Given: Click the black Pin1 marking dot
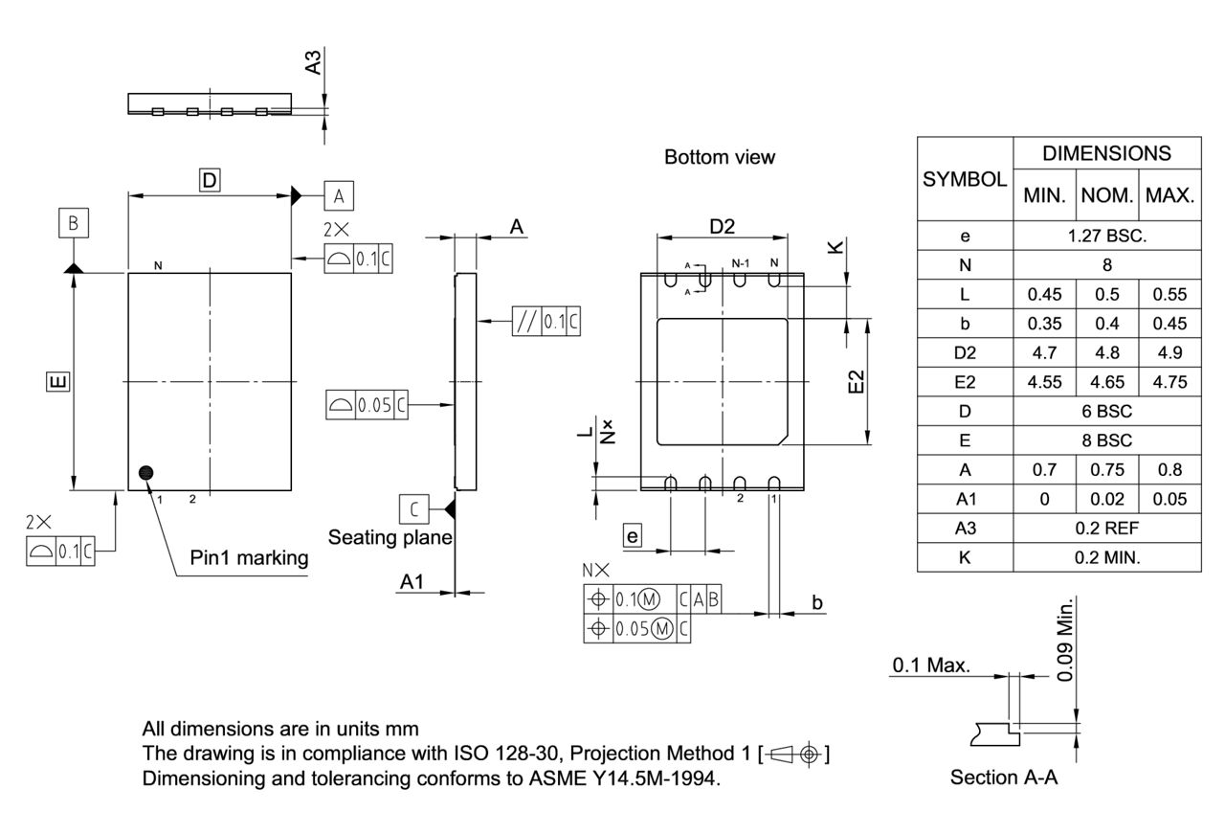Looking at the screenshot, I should click(146, 472).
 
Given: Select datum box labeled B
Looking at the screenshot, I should click(73, 224).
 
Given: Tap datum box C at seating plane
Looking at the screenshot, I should click(413, 507).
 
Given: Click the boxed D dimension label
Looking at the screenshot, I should click(210, 179).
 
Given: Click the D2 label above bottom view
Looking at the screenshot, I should click(722, 226).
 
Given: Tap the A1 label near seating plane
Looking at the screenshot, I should click(412, 582).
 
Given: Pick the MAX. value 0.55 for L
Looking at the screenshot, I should click(1169, 294).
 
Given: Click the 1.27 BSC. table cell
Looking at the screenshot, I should click(1106, 236).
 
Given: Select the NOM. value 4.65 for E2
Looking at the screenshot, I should click(1106, 381).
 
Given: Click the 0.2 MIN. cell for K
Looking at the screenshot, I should click(1106, 557).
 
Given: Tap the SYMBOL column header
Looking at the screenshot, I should click(965, 179).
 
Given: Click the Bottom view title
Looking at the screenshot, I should click(720, 157).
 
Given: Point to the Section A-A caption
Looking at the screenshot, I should click(1004, 778).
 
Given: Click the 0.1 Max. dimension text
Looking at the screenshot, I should click(931, 665).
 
